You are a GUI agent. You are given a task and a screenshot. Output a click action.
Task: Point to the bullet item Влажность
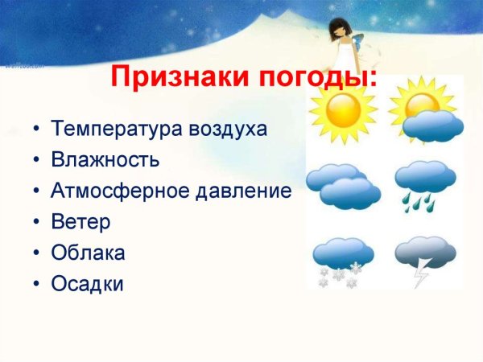tap(105, 159)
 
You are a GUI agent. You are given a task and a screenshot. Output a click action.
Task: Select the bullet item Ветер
tap(80, 221)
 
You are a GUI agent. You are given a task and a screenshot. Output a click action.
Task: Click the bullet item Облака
tap(88, 253)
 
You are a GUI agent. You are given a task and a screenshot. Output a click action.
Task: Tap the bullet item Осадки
tap(87, 284)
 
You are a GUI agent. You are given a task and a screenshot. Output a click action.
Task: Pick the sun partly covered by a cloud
tap(425, 113)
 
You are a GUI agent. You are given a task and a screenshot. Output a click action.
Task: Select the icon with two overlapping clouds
tap(343, 186)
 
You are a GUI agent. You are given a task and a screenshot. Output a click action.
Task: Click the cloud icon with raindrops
tap(425, 184)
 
